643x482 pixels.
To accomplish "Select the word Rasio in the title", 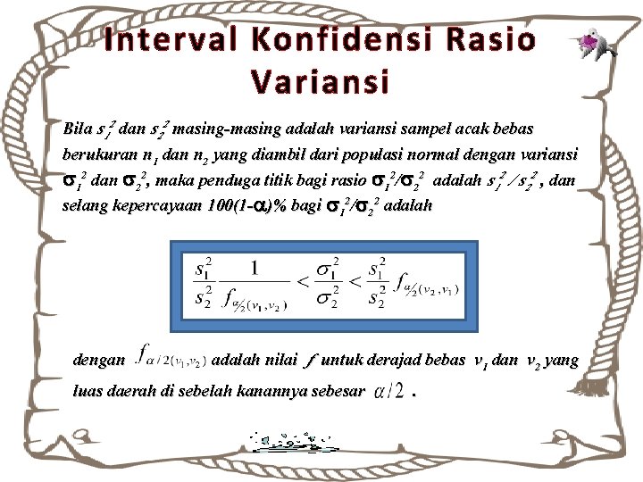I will [489, 40].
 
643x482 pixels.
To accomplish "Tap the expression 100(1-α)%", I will [260, 206].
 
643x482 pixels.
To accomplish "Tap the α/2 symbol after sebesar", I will [389, 391].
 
